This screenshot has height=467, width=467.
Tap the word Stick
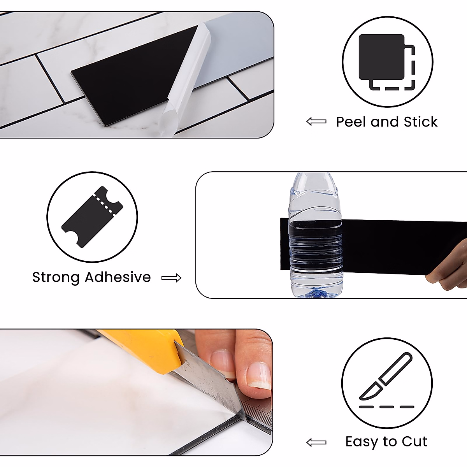click(421, 122)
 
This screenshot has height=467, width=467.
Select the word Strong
click(56, 277)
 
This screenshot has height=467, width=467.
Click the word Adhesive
click(118, 277)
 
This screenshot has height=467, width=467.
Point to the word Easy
click(362, 442)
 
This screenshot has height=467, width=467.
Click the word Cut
click(414, 442)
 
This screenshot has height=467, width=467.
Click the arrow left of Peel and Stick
click(316, 122)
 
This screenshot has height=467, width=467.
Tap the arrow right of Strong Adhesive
click(171, 278)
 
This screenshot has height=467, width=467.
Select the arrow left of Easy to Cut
click(316, 442)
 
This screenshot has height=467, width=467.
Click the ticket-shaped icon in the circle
click(92, 216)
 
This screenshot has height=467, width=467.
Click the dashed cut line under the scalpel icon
click(386, 407)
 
